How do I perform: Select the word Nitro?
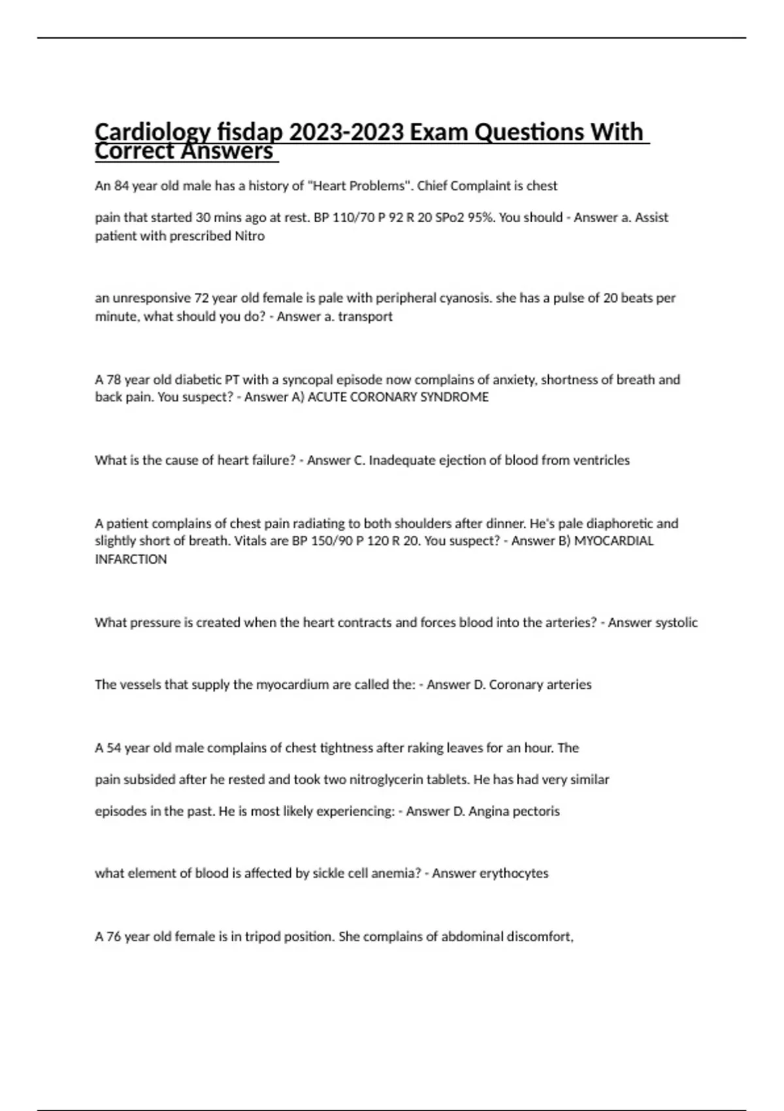coord(250,236)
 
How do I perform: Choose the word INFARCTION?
coord(131,559)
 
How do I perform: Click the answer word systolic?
coord(672,623)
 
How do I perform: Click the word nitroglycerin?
coord(385,780)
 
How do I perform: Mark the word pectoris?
coord(536,811)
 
